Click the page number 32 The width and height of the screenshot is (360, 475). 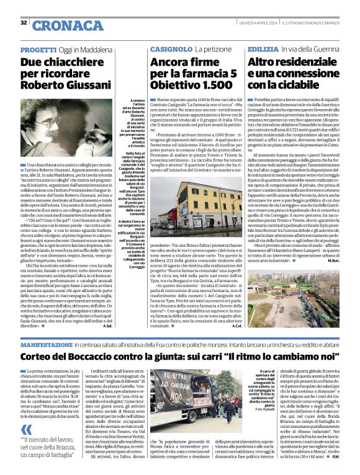point(24,23)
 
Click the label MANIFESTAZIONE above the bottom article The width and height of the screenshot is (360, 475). point(50,344)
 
